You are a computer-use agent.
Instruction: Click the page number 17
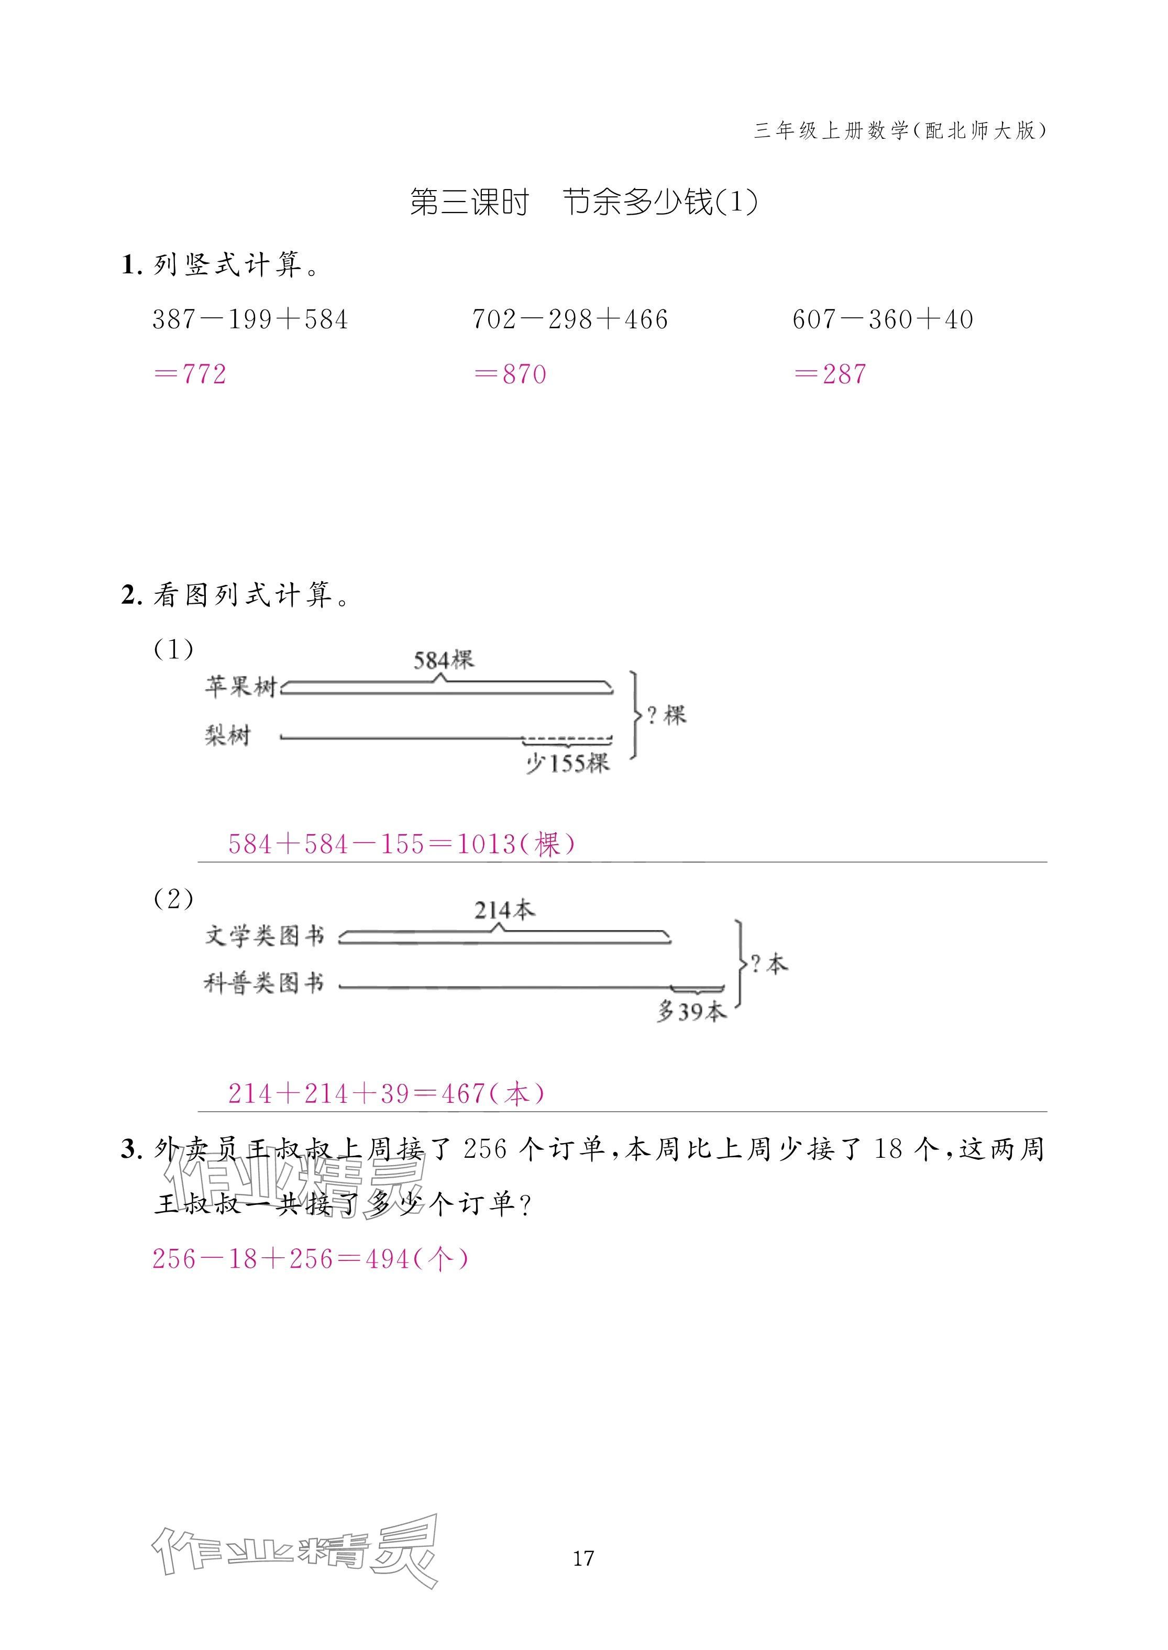(x=583, y=1558)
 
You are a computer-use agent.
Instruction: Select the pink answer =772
(x=191, y=374)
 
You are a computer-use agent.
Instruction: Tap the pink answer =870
(x=511, y=374)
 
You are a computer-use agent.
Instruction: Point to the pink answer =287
(x=831, y=374)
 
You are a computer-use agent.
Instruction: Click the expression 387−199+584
(x=250, y=319)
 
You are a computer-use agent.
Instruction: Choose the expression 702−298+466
(x=570, y=319)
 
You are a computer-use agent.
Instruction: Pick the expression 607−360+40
(x=883, y=319)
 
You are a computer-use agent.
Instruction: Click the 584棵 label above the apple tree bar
(x=444, y=659)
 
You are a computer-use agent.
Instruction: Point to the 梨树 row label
(x=228, y=736)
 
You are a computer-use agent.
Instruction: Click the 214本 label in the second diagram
(x=505, y=910)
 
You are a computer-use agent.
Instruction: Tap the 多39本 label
(x=692, y=1012)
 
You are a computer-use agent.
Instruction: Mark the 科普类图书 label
(x=264, y=983)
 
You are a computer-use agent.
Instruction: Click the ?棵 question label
(x=666, y=715)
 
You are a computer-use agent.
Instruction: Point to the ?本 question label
(x=768, y=964)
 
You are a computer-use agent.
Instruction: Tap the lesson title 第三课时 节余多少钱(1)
(x=584, y=202)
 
